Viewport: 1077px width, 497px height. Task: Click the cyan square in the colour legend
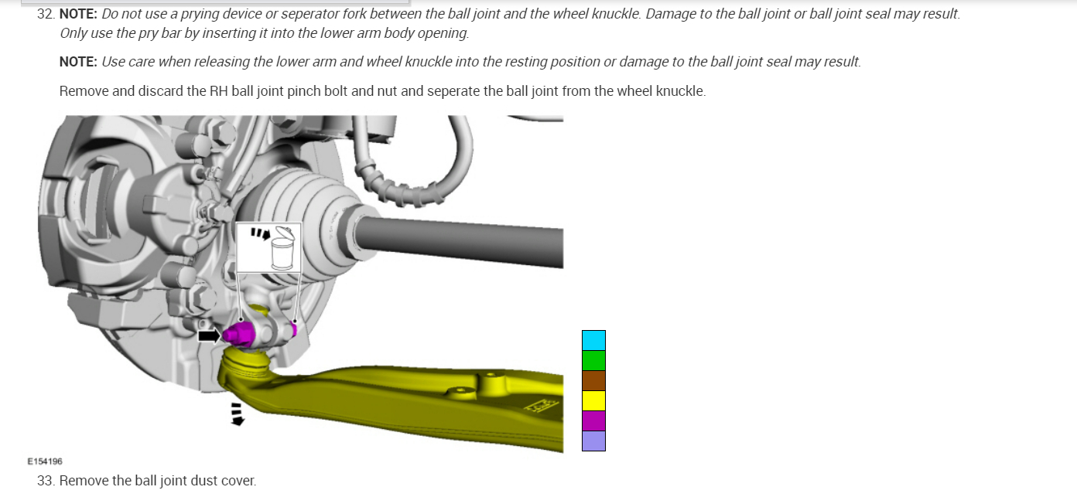(593, 340)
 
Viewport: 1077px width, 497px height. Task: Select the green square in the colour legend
(593, 361)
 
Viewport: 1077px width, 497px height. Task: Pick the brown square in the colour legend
(593, 381)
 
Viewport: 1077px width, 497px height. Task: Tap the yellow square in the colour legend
(593, 401)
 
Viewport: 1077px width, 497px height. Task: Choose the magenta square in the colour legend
(593, 421)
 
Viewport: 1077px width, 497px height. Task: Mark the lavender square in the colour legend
(593, 441)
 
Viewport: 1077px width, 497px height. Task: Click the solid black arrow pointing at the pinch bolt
(209, 335)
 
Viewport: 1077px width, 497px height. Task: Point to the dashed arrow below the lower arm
(237, 414)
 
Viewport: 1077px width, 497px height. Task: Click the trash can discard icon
(282, 249)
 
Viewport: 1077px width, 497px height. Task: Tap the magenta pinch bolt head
(238, 334)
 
